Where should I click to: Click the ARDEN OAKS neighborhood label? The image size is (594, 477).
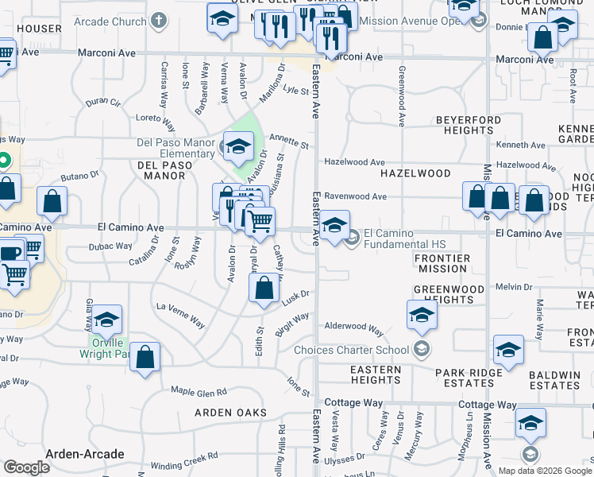(x=230, y=413)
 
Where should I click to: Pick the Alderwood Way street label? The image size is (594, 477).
(x=354, y=328)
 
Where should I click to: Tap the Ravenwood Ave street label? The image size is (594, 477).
(x=355, y=196)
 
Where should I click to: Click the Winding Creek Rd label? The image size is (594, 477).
(x=184, y=461)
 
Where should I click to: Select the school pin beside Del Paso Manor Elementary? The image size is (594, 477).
(x=237, y=145)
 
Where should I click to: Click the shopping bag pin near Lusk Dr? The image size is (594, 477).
(x=264, y=289)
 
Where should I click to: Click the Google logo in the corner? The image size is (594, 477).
(x=26, y=467)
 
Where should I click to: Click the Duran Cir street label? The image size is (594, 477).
(x=103, y=103)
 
